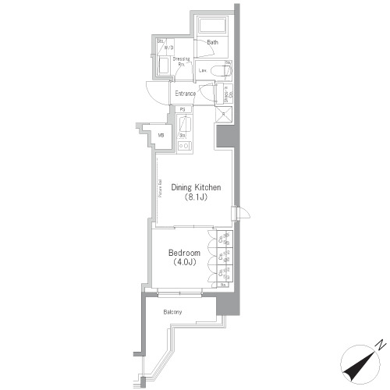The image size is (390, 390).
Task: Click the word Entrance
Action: tap(179, 94)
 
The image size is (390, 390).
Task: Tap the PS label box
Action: tap(182, 109)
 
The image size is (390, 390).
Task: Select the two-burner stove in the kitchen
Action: tap(183, 145)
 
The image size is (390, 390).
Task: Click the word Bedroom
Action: tap(185, 253)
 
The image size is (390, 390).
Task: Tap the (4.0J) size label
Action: tap(185, 264)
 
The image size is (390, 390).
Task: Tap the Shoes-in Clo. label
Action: tap(227, 94)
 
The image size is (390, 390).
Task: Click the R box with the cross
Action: tap(223, 115)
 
